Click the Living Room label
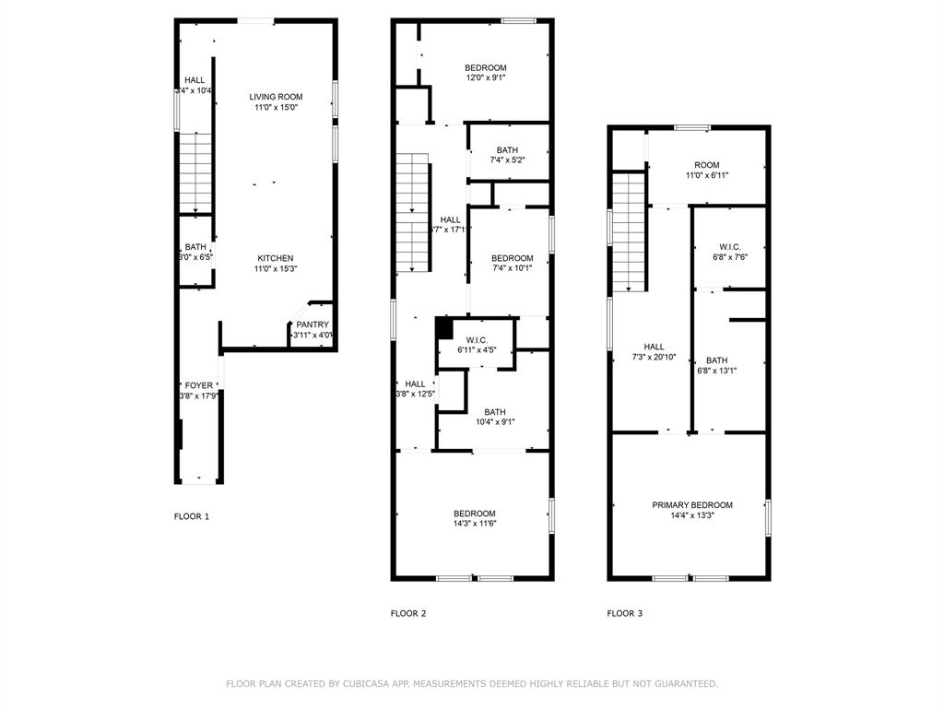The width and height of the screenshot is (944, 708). click(x=276, y=97)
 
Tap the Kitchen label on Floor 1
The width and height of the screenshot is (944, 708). click(x=276, y=258)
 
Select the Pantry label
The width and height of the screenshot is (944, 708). click(x=313, y=324)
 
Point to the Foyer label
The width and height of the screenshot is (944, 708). click(x=199, y=385)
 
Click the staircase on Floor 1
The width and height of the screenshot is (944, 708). click(x=195, y=172)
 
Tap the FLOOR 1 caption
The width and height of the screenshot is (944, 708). click(x=192, y=516)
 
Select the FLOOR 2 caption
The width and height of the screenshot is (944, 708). click(x=408, y=613)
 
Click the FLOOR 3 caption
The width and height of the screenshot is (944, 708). click(x=625, y=613)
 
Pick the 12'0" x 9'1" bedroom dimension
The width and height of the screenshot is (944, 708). click(x=485, y=78)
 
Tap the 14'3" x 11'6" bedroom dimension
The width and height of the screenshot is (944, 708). click(x=474, y=524)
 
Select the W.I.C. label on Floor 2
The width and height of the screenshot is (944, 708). click(x=477, y=340)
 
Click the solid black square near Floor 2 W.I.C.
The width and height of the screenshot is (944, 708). click(x=443, y=327)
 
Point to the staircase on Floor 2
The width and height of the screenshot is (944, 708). click(x=414, y=213)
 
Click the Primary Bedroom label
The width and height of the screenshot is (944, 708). click(x=692, y=505)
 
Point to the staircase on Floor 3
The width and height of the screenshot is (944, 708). click(x=628, y=231)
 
